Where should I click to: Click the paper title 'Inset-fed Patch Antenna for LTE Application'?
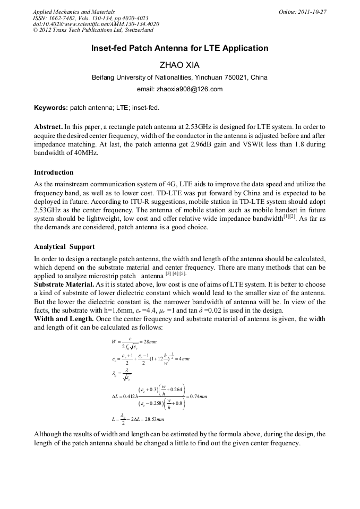click(179, 48)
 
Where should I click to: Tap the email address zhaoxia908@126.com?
click(179, 89)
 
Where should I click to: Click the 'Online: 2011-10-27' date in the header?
click(303, 11)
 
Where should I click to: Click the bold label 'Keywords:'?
click(51, 107)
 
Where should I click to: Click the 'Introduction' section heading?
click(54, 172)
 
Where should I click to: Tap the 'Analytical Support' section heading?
click(64, 247)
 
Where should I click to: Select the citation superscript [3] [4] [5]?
click(176, 275)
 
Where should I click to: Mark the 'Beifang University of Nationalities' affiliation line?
click(179, 77)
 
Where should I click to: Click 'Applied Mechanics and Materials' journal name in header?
click(73, 11)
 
